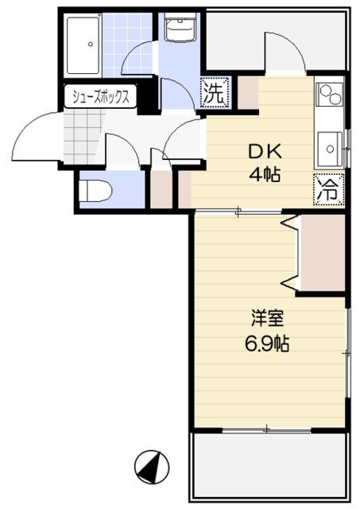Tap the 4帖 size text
click(x=266, y=174)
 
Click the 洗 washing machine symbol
click(x=215, y=92)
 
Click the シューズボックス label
click(x=102, y=97)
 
